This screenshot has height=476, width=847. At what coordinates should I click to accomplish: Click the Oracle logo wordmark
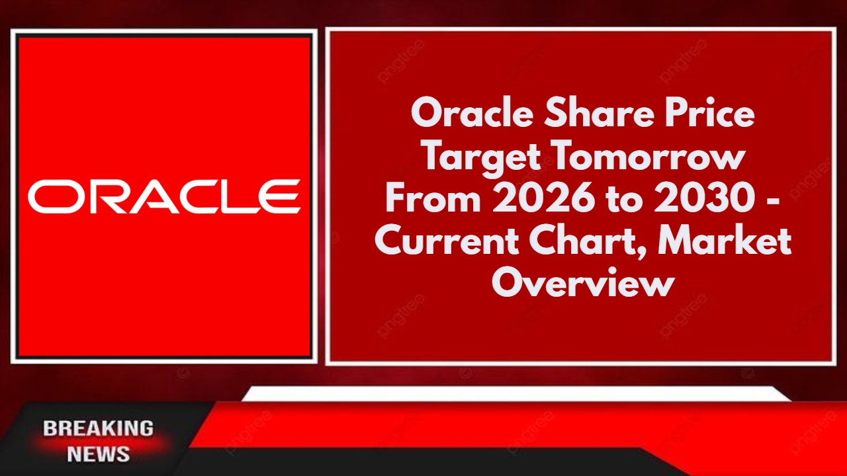click(x=164, y=197)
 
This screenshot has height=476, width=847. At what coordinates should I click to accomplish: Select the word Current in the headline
click(x=446, y=242)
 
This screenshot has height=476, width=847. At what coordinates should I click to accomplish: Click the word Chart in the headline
click(x=588, y=242)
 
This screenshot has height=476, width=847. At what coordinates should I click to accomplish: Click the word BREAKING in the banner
click(x=98, y=428)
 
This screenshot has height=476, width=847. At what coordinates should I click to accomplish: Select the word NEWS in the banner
click(x=98, y=454)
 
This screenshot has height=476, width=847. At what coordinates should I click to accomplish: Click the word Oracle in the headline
click(x=467, y=115)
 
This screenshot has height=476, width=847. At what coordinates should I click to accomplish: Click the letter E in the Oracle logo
click(x=281, y=197)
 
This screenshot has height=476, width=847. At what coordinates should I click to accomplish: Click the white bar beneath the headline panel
click(x=516, y=394)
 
